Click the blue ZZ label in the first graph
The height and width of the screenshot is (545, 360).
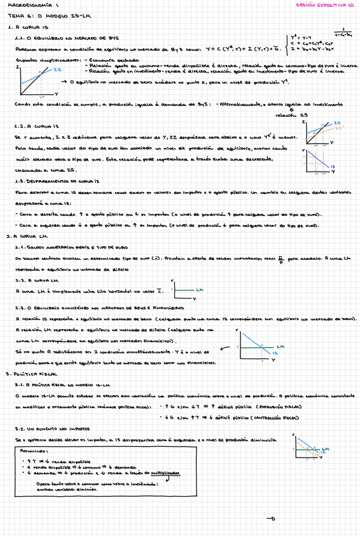click(x=57, y=69)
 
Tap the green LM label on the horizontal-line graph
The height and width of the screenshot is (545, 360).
click(x=199, y=290)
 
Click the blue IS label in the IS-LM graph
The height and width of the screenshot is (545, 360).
click(x=274, y=353)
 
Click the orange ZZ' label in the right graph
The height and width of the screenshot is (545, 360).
click(x=338, y=127)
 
